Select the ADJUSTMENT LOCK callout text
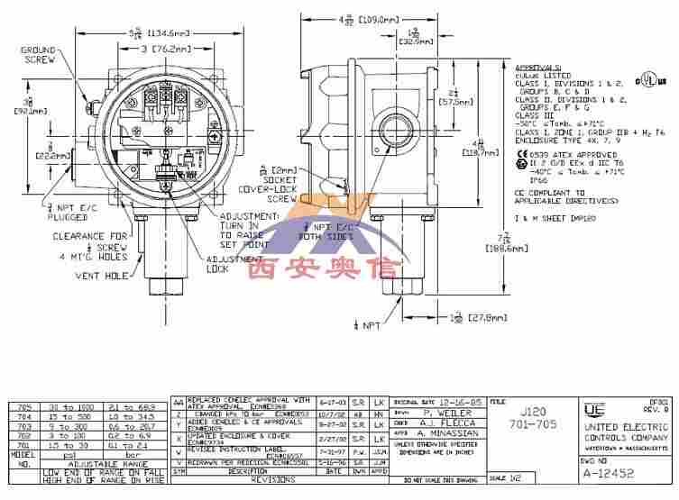(231, 263)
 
